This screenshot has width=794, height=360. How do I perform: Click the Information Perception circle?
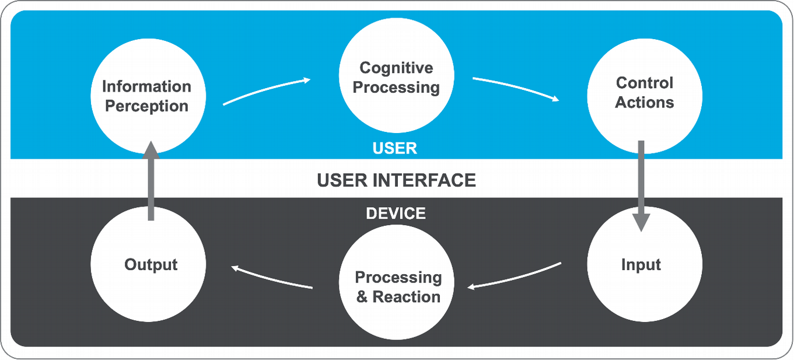pos(148,96)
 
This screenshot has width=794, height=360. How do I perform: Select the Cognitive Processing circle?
pos(396,78)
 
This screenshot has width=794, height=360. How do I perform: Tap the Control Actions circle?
pos(644,93)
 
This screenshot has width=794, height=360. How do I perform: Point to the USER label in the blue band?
pos(395,148)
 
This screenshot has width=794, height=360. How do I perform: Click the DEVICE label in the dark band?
pos(396,214)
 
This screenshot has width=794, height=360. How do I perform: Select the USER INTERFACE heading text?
pos(396,180)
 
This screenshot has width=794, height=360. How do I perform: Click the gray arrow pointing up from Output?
pos(151,181)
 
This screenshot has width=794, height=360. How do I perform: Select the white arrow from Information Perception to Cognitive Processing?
pos(267,91)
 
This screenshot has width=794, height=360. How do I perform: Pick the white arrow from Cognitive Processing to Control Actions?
pos(516,89)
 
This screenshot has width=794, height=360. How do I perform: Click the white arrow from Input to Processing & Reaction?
pos(515,277)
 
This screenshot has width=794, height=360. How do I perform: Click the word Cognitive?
pos(396,68)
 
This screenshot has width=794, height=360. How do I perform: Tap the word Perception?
pos(146,107)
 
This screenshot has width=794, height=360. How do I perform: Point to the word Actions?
pos(644,103)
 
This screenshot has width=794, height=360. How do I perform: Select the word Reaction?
pos(407,297)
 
